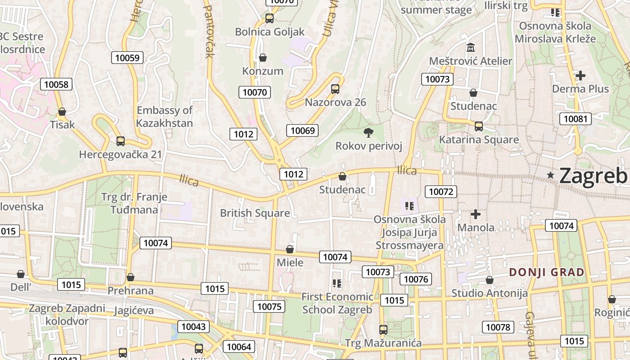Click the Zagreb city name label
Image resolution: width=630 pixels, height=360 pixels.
pyautogui.click(x=593, y=175)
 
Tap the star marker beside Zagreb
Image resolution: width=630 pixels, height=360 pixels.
pyautogui.click(x=550, y=175)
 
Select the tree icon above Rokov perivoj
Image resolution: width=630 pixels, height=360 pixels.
pyautogui.click(x=369, y=132)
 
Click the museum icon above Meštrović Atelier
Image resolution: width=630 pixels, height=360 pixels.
pyautogui.click(x=471, y=47)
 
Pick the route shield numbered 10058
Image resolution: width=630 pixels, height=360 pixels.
pyautogui.click(x=56, y=84)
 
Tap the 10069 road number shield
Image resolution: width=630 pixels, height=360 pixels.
pyautogui.click(x=302, y=130)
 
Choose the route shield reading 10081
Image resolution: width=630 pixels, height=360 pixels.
pyautogui.click(x=576, y=119)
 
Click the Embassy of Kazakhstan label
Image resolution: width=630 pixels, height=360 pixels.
pyautogui.click(x=164, y=117)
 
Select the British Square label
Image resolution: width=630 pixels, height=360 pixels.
pyautogui.click(x=255, y=213)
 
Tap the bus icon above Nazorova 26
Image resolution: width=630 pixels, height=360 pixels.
pyautogui.click(x=335, y=89)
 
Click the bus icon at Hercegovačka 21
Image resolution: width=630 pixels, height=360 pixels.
pyautogui.click(x=120, y=141)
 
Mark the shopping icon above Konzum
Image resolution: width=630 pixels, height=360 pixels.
pyautogui.click(x=263, y=58)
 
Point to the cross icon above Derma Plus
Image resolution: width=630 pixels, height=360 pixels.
pyautogui.click(x=580, y=76)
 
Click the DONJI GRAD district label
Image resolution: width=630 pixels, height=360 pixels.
pyautogui.click(x=547, y=272)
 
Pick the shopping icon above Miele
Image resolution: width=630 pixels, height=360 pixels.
pyautogui.click(x=290, y=249)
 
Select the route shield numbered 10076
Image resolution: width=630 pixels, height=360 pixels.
pyautogui.click(x=416, y=279)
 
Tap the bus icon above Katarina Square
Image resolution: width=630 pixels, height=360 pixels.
pyautogui.click(x=479, y=126)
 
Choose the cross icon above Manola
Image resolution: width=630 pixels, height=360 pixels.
pyautogui.click(x=475, y=214)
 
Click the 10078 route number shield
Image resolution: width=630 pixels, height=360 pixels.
pyautogui.click(x=498, y=327)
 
